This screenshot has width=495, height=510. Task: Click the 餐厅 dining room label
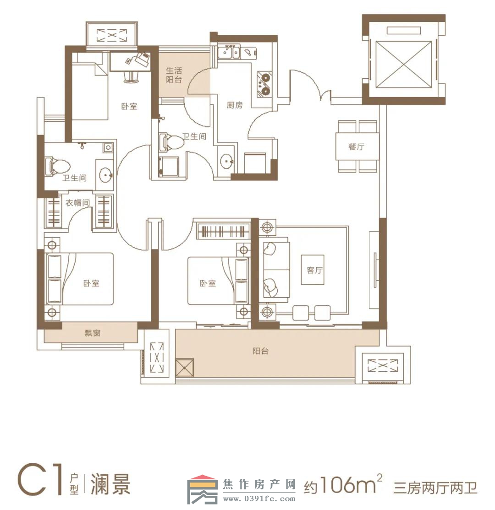tap(356, 146)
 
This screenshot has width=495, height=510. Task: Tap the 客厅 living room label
tap(314, 270)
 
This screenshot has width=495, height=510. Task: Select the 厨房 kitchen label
tap(235, 105)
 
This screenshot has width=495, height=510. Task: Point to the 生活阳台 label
tap(174, 75)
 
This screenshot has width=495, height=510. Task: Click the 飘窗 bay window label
tap(93, 333)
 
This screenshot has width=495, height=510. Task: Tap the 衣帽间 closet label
tap(77, 203)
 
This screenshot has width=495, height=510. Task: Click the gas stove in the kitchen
tap(264, 84)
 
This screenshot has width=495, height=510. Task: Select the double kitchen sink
tap(229, 52)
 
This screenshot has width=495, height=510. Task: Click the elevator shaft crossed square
tap(403, 64)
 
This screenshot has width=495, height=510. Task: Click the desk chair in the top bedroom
tap(132, 77)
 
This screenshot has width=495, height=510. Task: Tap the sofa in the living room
tap(276, 269)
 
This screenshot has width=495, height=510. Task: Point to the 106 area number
tap(347, 485)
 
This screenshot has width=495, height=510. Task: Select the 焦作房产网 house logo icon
tap(202, 489)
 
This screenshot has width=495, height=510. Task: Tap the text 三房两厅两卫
tap(435, 488)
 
